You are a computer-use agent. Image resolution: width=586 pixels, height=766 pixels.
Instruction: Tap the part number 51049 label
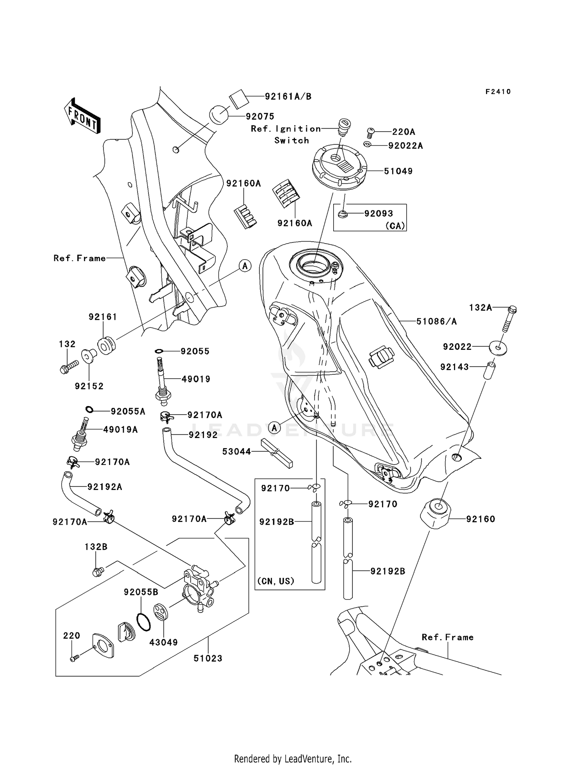(398, 171)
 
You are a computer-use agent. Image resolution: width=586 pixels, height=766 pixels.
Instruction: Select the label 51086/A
(436, 321)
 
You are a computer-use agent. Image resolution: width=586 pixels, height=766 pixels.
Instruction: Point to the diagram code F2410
(498, 92)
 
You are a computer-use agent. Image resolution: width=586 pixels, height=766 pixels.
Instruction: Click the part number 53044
(236, 452)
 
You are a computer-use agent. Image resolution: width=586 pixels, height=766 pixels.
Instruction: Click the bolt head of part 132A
(513, 310)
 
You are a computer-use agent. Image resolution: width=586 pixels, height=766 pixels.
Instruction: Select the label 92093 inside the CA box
(379, 214)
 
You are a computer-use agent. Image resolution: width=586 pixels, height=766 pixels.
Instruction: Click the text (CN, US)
(276, 581)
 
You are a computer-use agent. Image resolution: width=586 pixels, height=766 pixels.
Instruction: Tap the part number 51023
(208, 659)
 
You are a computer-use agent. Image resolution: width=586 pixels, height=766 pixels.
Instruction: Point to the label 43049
(164, 642)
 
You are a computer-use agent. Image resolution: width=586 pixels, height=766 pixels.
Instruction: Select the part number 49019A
(120, 430)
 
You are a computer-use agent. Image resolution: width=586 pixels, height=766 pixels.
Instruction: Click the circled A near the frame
(245, 266)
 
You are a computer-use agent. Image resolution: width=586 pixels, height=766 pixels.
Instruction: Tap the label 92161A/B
(288, 96)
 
